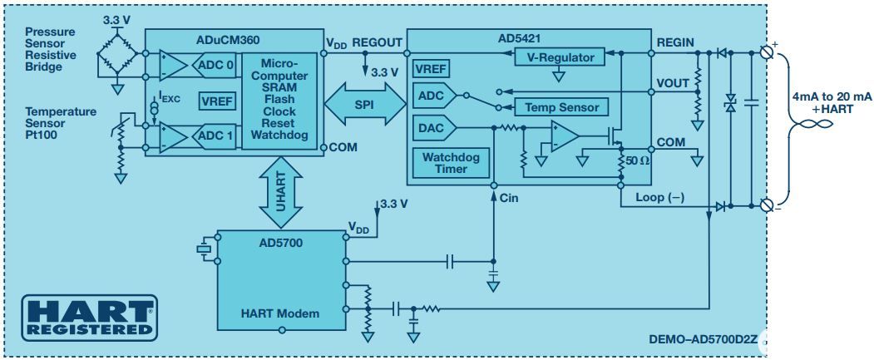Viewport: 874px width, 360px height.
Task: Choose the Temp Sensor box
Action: [x=561, y=107]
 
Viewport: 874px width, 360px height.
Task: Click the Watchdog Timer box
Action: [x=452, y=163]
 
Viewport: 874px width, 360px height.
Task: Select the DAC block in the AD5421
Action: [x=430, y=128]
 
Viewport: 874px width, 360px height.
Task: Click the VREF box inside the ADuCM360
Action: [x=215, y=101]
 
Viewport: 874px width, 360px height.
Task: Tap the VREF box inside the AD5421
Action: [x=432, y=68]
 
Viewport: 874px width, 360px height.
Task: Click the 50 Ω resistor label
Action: [x=638, y=159]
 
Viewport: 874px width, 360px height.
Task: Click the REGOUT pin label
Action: [x=377, y=42]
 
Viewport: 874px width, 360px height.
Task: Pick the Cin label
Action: [x=509, y=199]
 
